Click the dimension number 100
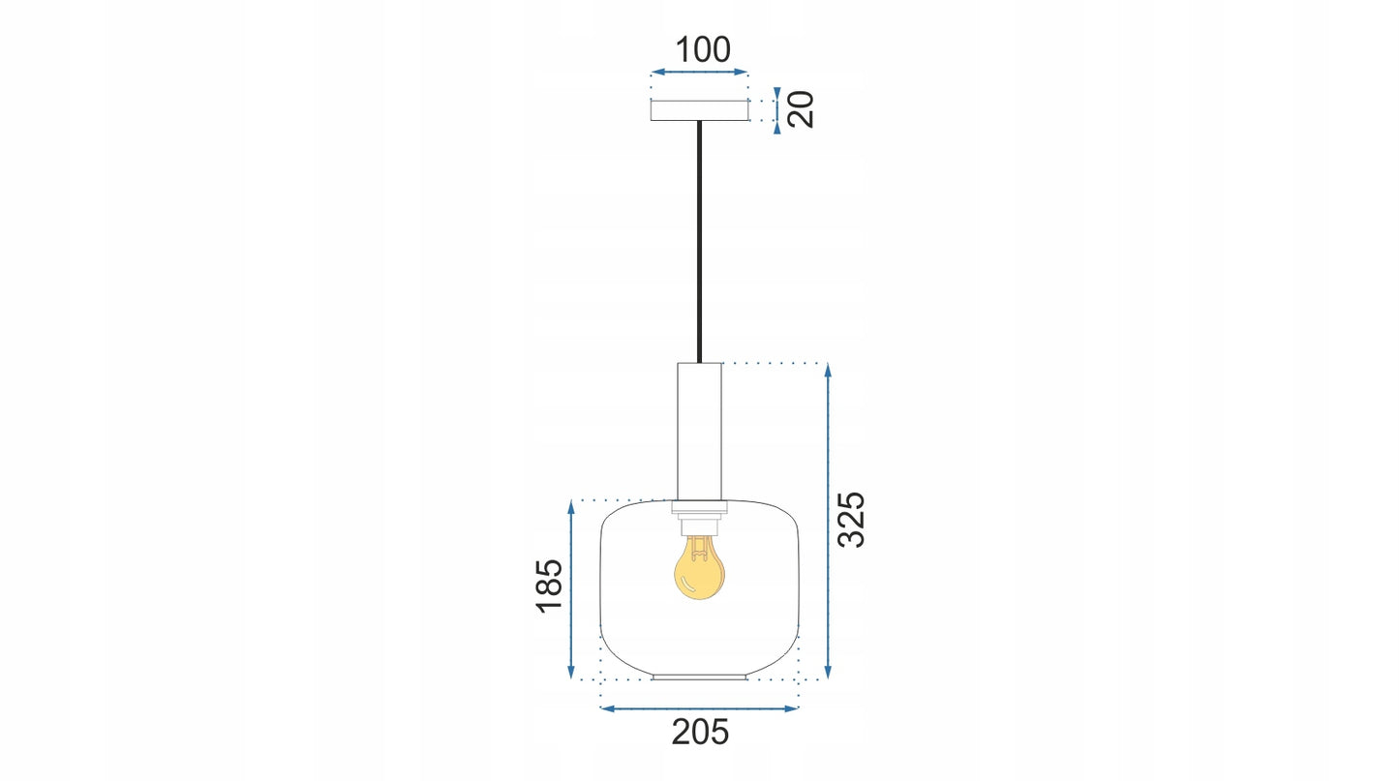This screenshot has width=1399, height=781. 703,50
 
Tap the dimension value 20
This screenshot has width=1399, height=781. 801,110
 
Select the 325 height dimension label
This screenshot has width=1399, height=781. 851,520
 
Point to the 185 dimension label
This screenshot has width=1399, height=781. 550,586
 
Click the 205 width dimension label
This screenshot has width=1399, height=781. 700,732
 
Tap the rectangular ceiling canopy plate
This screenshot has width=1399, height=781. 699,110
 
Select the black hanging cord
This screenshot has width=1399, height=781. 699,242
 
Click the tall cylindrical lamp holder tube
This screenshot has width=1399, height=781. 699,432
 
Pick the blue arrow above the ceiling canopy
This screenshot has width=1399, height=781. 699,73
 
